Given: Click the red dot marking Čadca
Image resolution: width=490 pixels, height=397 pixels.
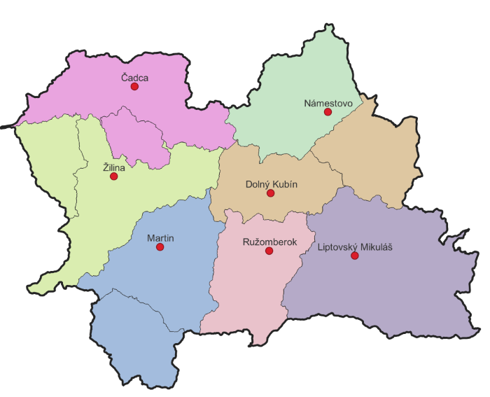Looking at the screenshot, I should coord(134,87).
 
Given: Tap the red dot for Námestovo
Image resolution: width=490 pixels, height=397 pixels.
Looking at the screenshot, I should coord(327,112).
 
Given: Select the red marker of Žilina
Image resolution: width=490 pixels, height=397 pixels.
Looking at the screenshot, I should coord(114,176).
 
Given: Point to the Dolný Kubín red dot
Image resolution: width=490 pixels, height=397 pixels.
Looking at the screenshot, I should coord(271,193).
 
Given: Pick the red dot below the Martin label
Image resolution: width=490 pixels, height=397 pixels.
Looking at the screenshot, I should coord(160,247).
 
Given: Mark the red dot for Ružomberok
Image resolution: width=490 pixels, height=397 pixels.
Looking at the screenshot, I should coord(269,251).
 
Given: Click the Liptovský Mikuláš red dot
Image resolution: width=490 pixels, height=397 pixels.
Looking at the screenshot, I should coord(354,256).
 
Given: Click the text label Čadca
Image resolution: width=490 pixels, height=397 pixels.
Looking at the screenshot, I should coord(134,78).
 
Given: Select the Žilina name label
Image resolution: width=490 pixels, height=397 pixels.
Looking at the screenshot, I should coord(113,167).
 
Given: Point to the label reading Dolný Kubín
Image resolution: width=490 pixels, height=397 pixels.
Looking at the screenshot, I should coord(270,184).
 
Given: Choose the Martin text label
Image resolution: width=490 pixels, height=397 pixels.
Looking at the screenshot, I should coord(160,238).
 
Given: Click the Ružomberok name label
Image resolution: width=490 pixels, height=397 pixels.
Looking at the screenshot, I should coord(269,242).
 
